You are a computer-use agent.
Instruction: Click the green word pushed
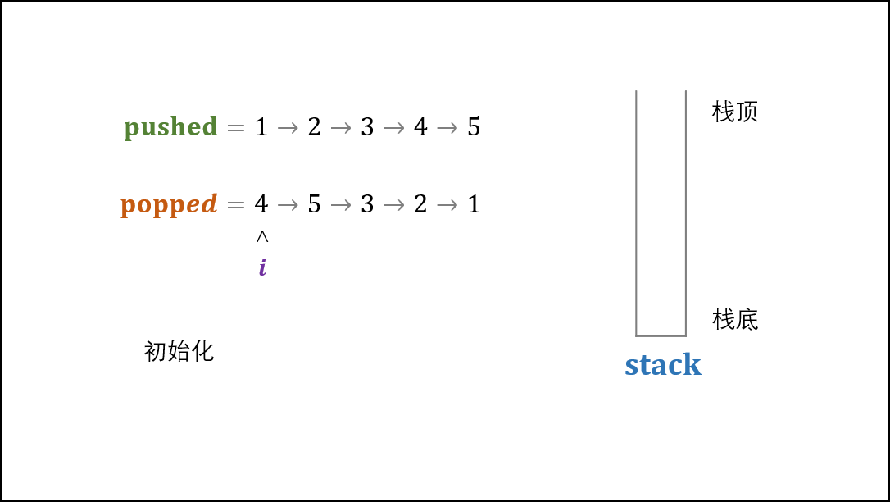pos(170,128)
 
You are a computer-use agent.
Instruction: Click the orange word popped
pos(169,204)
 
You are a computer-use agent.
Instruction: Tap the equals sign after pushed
pos(236,128)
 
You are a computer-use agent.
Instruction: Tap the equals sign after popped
pos(236,204)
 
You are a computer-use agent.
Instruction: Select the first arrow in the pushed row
pos(288,128)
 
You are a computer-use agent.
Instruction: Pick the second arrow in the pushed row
pos(341,128)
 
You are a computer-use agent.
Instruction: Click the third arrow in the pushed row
pos(394,128)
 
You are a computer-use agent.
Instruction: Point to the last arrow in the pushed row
pos(447,128)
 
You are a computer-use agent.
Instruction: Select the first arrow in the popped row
pos(288,204)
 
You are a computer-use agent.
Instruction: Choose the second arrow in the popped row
pos(341,204)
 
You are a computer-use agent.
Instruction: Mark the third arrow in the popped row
pos(394,204)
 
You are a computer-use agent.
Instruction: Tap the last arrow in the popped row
pos(447,204)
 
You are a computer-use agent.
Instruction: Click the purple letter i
pos(262,267)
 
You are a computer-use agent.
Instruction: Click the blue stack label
pos(662,365)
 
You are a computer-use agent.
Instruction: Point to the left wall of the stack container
pos(637,213)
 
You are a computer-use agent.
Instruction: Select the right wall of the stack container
pos(685,213)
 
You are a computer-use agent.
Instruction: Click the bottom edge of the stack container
pos(661,335)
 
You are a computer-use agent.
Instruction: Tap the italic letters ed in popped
pos(202,203)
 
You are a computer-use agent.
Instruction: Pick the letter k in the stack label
pos(693,364)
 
